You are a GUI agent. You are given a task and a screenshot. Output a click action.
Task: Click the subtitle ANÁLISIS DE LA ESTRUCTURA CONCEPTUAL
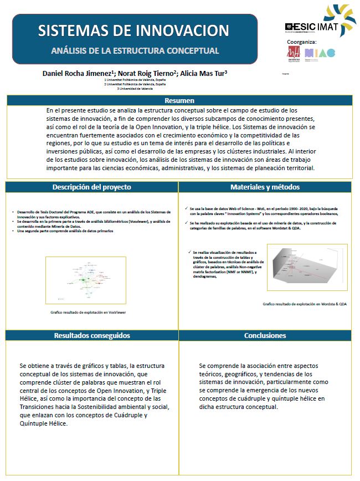[x=135, y=50]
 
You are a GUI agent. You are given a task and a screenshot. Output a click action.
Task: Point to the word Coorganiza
[x=302, y=42]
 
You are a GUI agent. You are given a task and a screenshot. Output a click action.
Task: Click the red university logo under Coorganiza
[x=293, y=53]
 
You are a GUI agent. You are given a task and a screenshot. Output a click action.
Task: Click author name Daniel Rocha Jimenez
[x=74, y=73]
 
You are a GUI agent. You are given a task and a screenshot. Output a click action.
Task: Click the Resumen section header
[x=179, y=100]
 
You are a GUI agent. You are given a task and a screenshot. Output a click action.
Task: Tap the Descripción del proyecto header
[x=92, y=187]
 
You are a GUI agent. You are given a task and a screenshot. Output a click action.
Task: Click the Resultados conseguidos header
[x=92, y=335]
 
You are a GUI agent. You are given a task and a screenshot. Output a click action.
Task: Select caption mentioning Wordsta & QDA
[x=305, y=304]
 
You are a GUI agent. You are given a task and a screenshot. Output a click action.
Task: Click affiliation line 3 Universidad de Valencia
[x=135, y=89]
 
